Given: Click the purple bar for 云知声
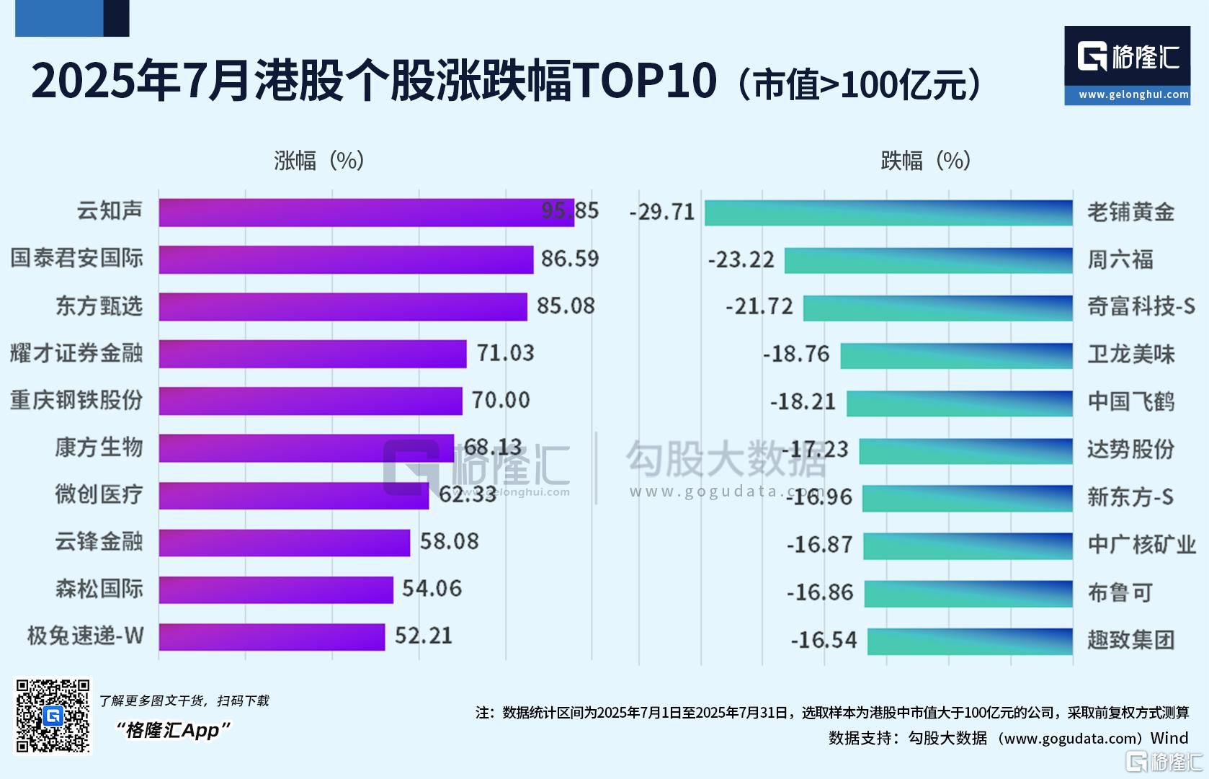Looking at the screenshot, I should point(366,213).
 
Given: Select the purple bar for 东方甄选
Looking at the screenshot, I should point(343,306).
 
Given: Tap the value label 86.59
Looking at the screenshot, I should point(569,259).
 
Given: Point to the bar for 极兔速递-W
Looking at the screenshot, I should point(272,636).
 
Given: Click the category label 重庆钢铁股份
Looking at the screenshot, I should point(76,400).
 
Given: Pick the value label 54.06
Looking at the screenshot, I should point(432,589).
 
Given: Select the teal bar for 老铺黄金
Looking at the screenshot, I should point(888,213).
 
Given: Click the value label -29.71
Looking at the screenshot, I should point(662,213).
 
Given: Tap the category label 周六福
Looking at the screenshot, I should point(1120,259).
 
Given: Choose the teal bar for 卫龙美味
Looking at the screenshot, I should point(956,355).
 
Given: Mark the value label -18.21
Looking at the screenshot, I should point(803,401).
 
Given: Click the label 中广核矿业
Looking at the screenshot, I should point(1141,545).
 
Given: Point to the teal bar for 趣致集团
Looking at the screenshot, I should point(970,641).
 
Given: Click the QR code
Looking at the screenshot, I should point(53,716).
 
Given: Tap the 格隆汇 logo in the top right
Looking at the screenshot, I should point(1127,65).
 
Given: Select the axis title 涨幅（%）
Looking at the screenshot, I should point(319,160).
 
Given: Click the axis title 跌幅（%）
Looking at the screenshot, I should point(926,160).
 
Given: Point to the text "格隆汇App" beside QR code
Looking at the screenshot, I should point(173,731).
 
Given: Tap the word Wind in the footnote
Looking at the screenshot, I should point(1169,738).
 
